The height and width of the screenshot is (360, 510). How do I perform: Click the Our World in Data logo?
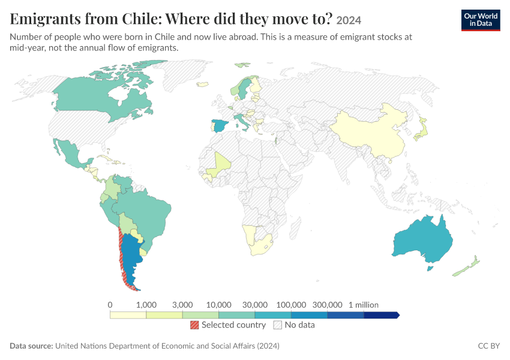pyautogui.click(x=481, y=20)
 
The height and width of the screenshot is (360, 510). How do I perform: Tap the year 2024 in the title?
pyautogui.click(x=349, y=20)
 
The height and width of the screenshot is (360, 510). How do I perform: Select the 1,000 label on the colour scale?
pyautogui.click(x=146, y=305)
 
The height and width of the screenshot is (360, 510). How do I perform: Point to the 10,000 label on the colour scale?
pyautogui.click(x=218, y=305)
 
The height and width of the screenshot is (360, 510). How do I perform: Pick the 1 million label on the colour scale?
pyautogui.click(x=364, y=305)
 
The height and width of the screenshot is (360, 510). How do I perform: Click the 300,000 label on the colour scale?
pyautogui.click(x=327, y=305)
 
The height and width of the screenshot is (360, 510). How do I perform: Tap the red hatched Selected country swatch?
pyautogui.click(x=194, y=325)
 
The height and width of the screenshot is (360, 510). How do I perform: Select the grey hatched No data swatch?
pyautogui.click(x=278, y=325)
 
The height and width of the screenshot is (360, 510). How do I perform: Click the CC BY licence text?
pyautogui.click(x=489, y=346)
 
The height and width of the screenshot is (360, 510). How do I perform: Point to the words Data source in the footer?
pyautogui.click(x=31, y=346)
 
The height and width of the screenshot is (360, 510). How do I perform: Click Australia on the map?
pyautogui.click(x=423, y=241)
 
